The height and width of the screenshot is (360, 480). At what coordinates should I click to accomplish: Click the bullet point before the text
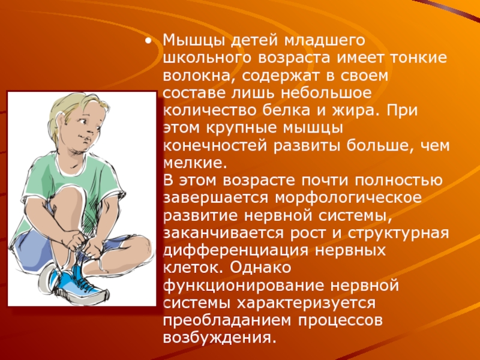click(148, 41)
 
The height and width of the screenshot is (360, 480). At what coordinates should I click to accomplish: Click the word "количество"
click(209, 110)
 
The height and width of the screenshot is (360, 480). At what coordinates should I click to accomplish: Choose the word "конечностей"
click(215, 145)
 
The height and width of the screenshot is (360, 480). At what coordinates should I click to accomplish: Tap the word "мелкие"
click(194, 163)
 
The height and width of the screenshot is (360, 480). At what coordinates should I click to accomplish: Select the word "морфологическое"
click(349, 198)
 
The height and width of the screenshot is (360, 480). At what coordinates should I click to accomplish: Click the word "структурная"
click(398, 233)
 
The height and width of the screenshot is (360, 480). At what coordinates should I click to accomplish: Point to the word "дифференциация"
click(236, 251)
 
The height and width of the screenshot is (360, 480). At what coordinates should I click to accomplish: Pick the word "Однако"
click(260, 268)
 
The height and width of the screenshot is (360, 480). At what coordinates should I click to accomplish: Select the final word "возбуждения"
click(218, 338)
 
